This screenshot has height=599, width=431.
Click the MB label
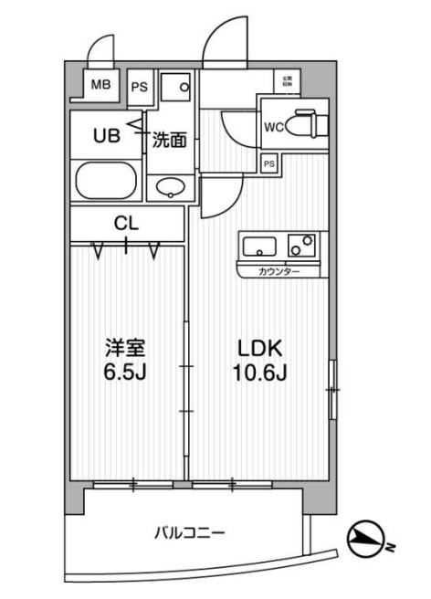(x=100, y=86)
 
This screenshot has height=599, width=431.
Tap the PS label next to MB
(x=139, y=88)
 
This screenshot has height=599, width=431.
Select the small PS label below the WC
(x=268, y=163)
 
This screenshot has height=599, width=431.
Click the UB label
(x=107, y=136)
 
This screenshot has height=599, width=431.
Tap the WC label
(x=273, y=127)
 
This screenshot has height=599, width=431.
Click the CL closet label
(x=126, y=221)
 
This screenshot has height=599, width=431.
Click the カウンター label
(x=277, y=271)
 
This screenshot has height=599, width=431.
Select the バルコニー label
(x=189, y=532)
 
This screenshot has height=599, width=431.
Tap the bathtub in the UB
(x=106, y=180)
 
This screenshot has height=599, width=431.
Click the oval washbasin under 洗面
(x=170, y=187)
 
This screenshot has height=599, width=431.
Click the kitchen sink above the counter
(x=259, y=246)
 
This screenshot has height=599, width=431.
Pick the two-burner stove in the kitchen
(x=302, y=246)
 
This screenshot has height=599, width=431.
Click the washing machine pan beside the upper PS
(x=177, y=89)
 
